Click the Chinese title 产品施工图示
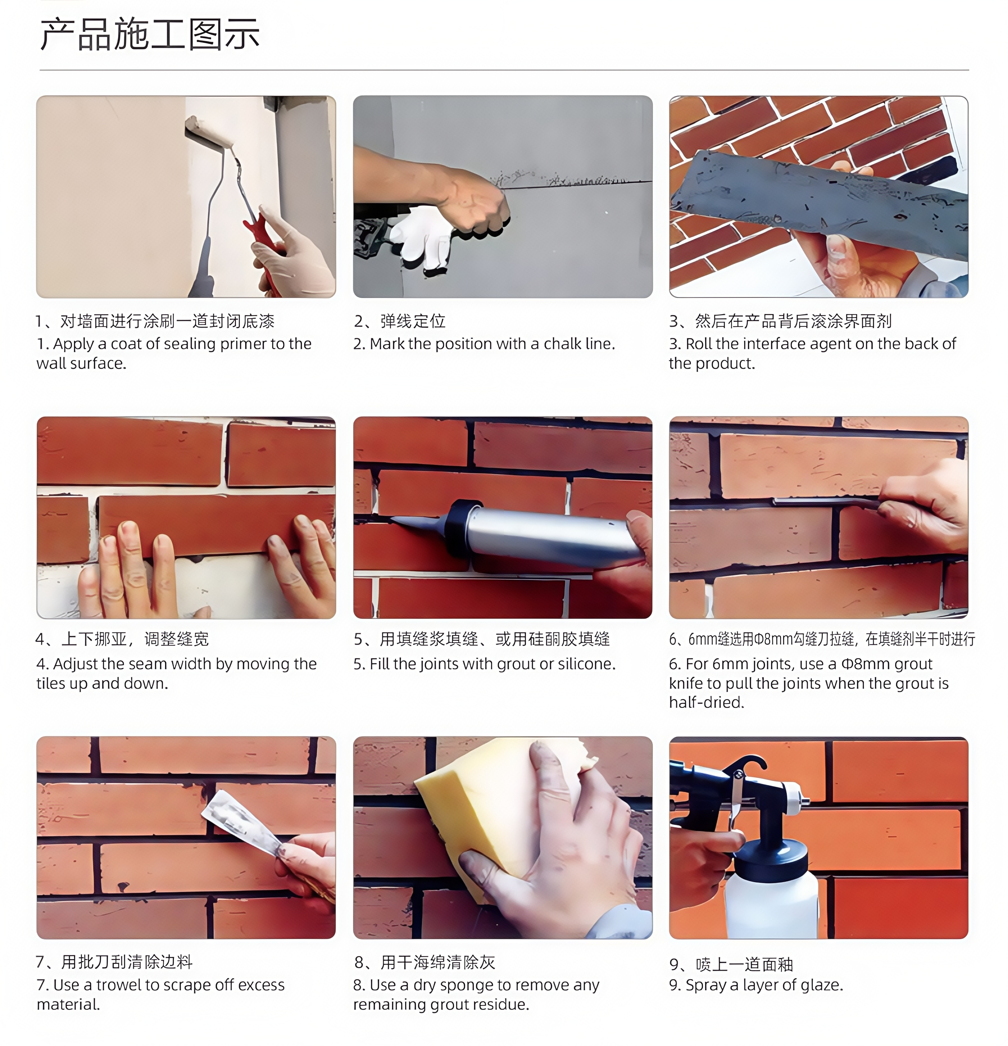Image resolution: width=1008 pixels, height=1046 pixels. [x=150, y=34]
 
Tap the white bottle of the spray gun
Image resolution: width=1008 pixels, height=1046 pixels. [x=771, y=902]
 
